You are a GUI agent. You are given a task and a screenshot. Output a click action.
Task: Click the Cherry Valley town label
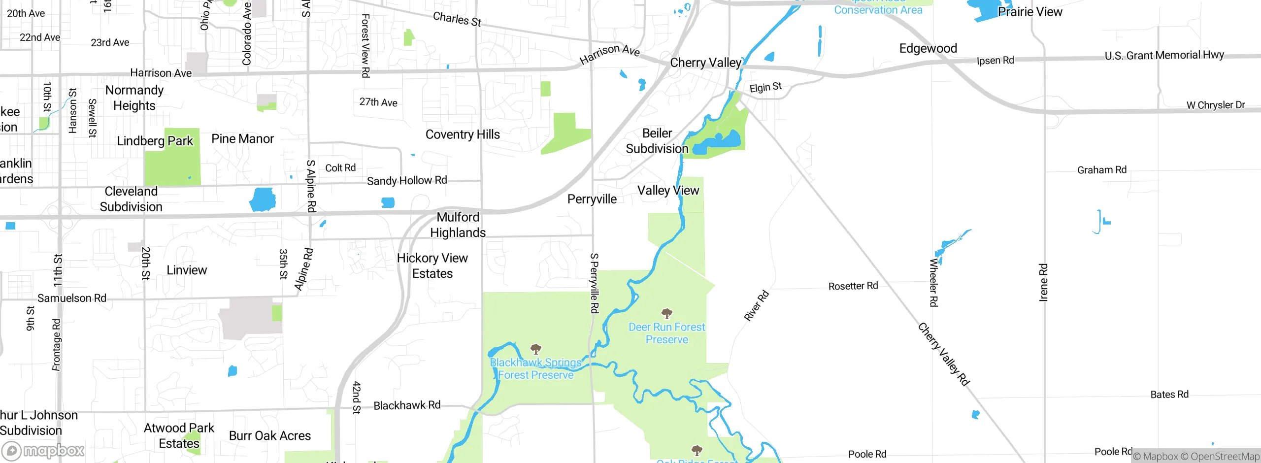coord(705,63)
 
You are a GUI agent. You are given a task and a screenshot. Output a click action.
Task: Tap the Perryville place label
coord(592,199)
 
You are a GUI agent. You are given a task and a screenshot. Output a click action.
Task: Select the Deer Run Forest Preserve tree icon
coord(667,313)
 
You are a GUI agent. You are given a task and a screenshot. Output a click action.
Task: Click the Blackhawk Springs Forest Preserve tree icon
coord(536,349)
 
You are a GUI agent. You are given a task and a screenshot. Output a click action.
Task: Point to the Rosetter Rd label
coord(853,286)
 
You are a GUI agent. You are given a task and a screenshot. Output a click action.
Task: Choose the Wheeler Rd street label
coord(933,283)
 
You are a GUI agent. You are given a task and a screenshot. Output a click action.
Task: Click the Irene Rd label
coord(1043,282)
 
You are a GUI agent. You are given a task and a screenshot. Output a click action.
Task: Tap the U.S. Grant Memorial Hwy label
coord(1164,55)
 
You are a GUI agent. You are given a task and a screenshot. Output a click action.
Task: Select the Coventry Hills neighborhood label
coord(463,134)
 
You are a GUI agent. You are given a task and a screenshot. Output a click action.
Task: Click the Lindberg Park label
coord(155,141)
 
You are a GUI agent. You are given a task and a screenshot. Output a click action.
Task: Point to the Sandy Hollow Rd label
coord(407,181)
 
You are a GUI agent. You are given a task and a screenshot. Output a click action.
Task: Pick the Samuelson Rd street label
coord(72,298)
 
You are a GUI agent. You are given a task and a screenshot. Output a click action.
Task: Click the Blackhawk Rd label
coord(407,405)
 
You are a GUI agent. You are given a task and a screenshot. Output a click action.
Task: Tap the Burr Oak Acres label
coord(270,436)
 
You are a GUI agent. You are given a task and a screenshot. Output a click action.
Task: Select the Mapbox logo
coord(43,450)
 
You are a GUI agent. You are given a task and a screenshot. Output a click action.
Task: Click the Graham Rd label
coord(1102,170)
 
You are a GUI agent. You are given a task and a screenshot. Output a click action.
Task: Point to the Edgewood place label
coord(928,48)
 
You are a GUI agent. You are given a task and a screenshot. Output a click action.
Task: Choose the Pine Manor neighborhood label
coord(242,139)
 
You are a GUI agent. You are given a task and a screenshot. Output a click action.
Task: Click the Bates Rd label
coord(1169,395)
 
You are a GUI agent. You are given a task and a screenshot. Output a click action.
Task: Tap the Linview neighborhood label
coord(187,270)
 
